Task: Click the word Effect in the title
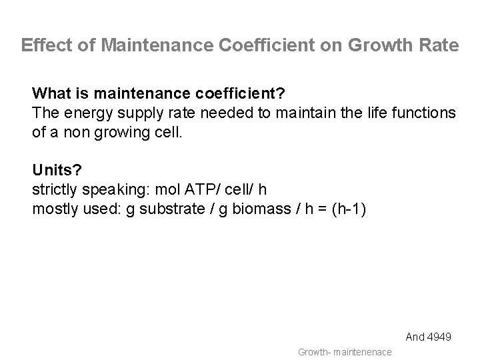(41, 45)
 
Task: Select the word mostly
(52, 209)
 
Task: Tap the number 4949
(439, 337)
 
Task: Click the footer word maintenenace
(363, 351)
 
